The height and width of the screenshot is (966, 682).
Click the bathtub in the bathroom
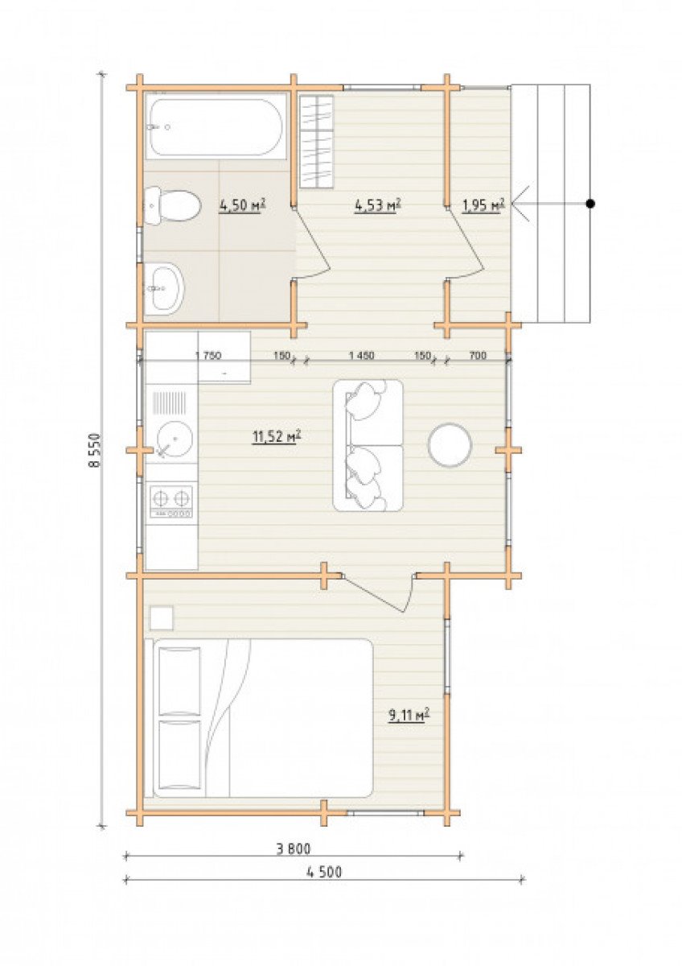216,127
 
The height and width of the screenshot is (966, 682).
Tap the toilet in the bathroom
172,206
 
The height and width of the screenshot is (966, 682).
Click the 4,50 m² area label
242,206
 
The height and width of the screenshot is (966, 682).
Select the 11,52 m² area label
276,437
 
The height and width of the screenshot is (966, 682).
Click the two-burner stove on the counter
171,502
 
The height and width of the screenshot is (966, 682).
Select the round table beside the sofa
450,444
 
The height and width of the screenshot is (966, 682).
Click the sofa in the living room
368,446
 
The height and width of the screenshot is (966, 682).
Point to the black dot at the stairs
593,204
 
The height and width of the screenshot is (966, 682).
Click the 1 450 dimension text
362,356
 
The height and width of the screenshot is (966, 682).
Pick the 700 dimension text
478,356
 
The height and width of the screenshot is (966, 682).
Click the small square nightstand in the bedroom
162,618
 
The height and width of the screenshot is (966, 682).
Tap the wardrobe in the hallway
317,142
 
